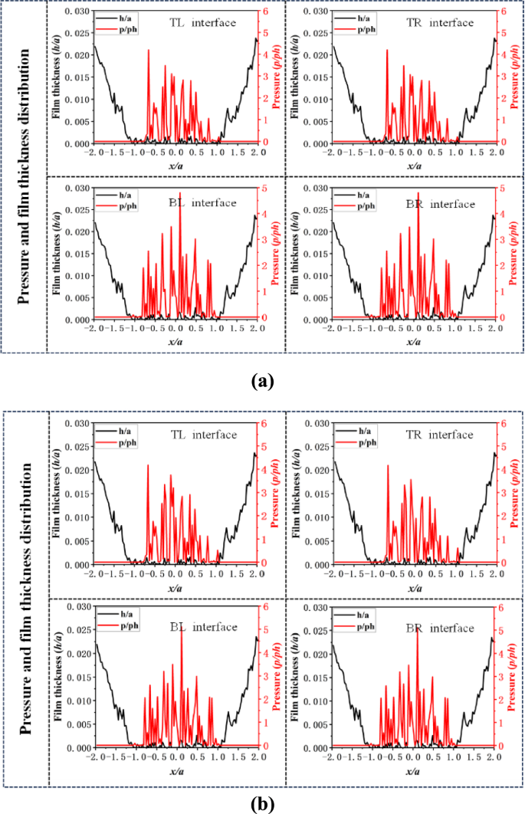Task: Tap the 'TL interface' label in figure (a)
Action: pyautogui.click(x=203, y=23)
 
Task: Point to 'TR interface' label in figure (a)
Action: pyautogui.click(x=441, y=23)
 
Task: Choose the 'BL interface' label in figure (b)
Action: pyautogui.click(x=203, y=627)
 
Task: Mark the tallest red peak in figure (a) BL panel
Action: pyautogui.click(x=180, y=194)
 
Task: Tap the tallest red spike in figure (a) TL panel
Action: pyautogui.click(x=149, y=51)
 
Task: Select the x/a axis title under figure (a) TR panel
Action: pyautogui.click(x=414, y=166)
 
